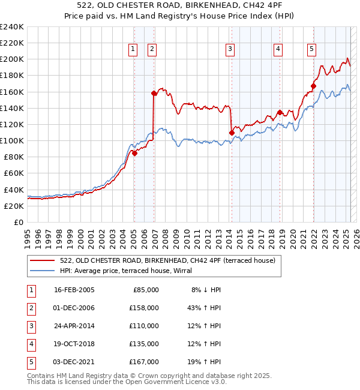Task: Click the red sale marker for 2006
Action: pos(154,93)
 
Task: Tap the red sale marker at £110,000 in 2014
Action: pos(232,132)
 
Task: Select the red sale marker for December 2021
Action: pos(313,86)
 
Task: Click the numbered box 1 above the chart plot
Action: pos(133,50)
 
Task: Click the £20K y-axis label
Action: pos(14,206)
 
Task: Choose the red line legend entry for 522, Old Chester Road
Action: pos(167,260)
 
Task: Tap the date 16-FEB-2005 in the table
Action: pos(74,290)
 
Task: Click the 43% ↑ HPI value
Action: pos(203,308)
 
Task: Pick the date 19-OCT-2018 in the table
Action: pos(74,344)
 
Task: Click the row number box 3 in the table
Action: pos(30,326)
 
